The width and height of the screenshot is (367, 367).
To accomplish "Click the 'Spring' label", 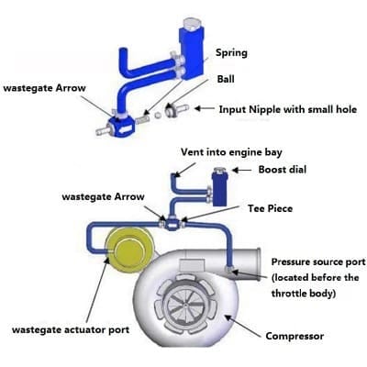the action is (231, 53).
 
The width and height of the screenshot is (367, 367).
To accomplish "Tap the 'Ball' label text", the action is (226, 79).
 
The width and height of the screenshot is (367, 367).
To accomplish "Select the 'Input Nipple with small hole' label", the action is (288, 109).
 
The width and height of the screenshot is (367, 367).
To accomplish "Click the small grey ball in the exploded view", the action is (158, 116).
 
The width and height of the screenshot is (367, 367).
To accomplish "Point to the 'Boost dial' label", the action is (283, 170).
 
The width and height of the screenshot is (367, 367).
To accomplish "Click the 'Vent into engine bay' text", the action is (231, 152).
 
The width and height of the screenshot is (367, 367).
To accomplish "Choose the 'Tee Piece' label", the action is (270, 208).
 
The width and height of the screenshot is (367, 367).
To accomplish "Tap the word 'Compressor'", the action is (295, 336).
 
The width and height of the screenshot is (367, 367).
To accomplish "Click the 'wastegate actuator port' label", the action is (71, 330).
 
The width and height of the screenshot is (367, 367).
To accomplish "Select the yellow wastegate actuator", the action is (128, 251).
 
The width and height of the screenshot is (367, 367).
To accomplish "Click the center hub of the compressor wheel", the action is (185, 305).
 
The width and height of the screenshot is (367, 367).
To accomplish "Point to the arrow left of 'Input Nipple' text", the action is (205, 108).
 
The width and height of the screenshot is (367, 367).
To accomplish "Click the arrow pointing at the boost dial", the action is (242, 170).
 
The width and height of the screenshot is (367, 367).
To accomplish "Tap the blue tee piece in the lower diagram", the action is (172, 224).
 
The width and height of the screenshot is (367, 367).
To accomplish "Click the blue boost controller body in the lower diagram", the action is (220, 190).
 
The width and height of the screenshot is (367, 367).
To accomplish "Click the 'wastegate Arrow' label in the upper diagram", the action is (44, 88).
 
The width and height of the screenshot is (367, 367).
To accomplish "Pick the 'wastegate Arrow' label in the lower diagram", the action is (103, 196).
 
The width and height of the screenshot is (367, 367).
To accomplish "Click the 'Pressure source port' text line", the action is (318, 262).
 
